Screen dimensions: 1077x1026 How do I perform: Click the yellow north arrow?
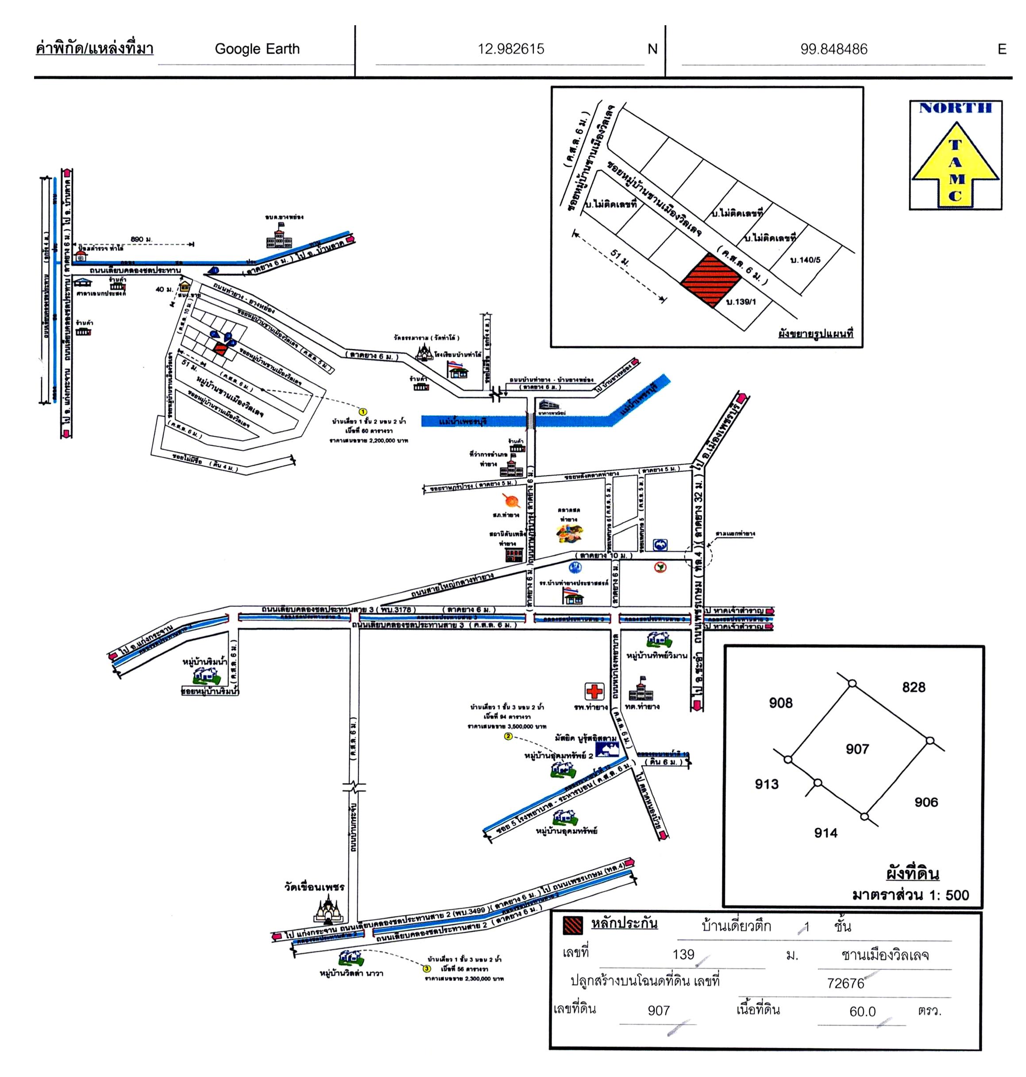(x=955, y=164)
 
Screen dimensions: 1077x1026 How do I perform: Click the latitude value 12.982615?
(x=511, y=49)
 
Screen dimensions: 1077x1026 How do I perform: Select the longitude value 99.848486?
(x=833, y=49)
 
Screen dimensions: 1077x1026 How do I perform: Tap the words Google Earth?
(x=257, y=49)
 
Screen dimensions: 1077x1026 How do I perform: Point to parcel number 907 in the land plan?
(x=857, y=749)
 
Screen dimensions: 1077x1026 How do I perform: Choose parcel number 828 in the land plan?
(x=913, y=687)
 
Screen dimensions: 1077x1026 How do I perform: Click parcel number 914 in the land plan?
(x=825, y=833)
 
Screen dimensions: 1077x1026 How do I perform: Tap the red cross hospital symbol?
(x=594, y=691)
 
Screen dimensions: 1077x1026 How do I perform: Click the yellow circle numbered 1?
(x=363, y=411)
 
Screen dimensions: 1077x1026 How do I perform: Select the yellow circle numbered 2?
(x=508, y=736)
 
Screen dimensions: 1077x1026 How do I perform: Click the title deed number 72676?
(x=845, y=983)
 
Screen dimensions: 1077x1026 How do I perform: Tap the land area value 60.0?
(x=863, y=1011)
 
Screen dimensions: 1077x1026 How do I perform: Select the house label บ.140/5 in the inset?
(x=805, y=260)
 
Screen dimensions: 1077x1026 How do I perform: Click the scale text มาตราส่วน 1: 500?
(x=910, y=895)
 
